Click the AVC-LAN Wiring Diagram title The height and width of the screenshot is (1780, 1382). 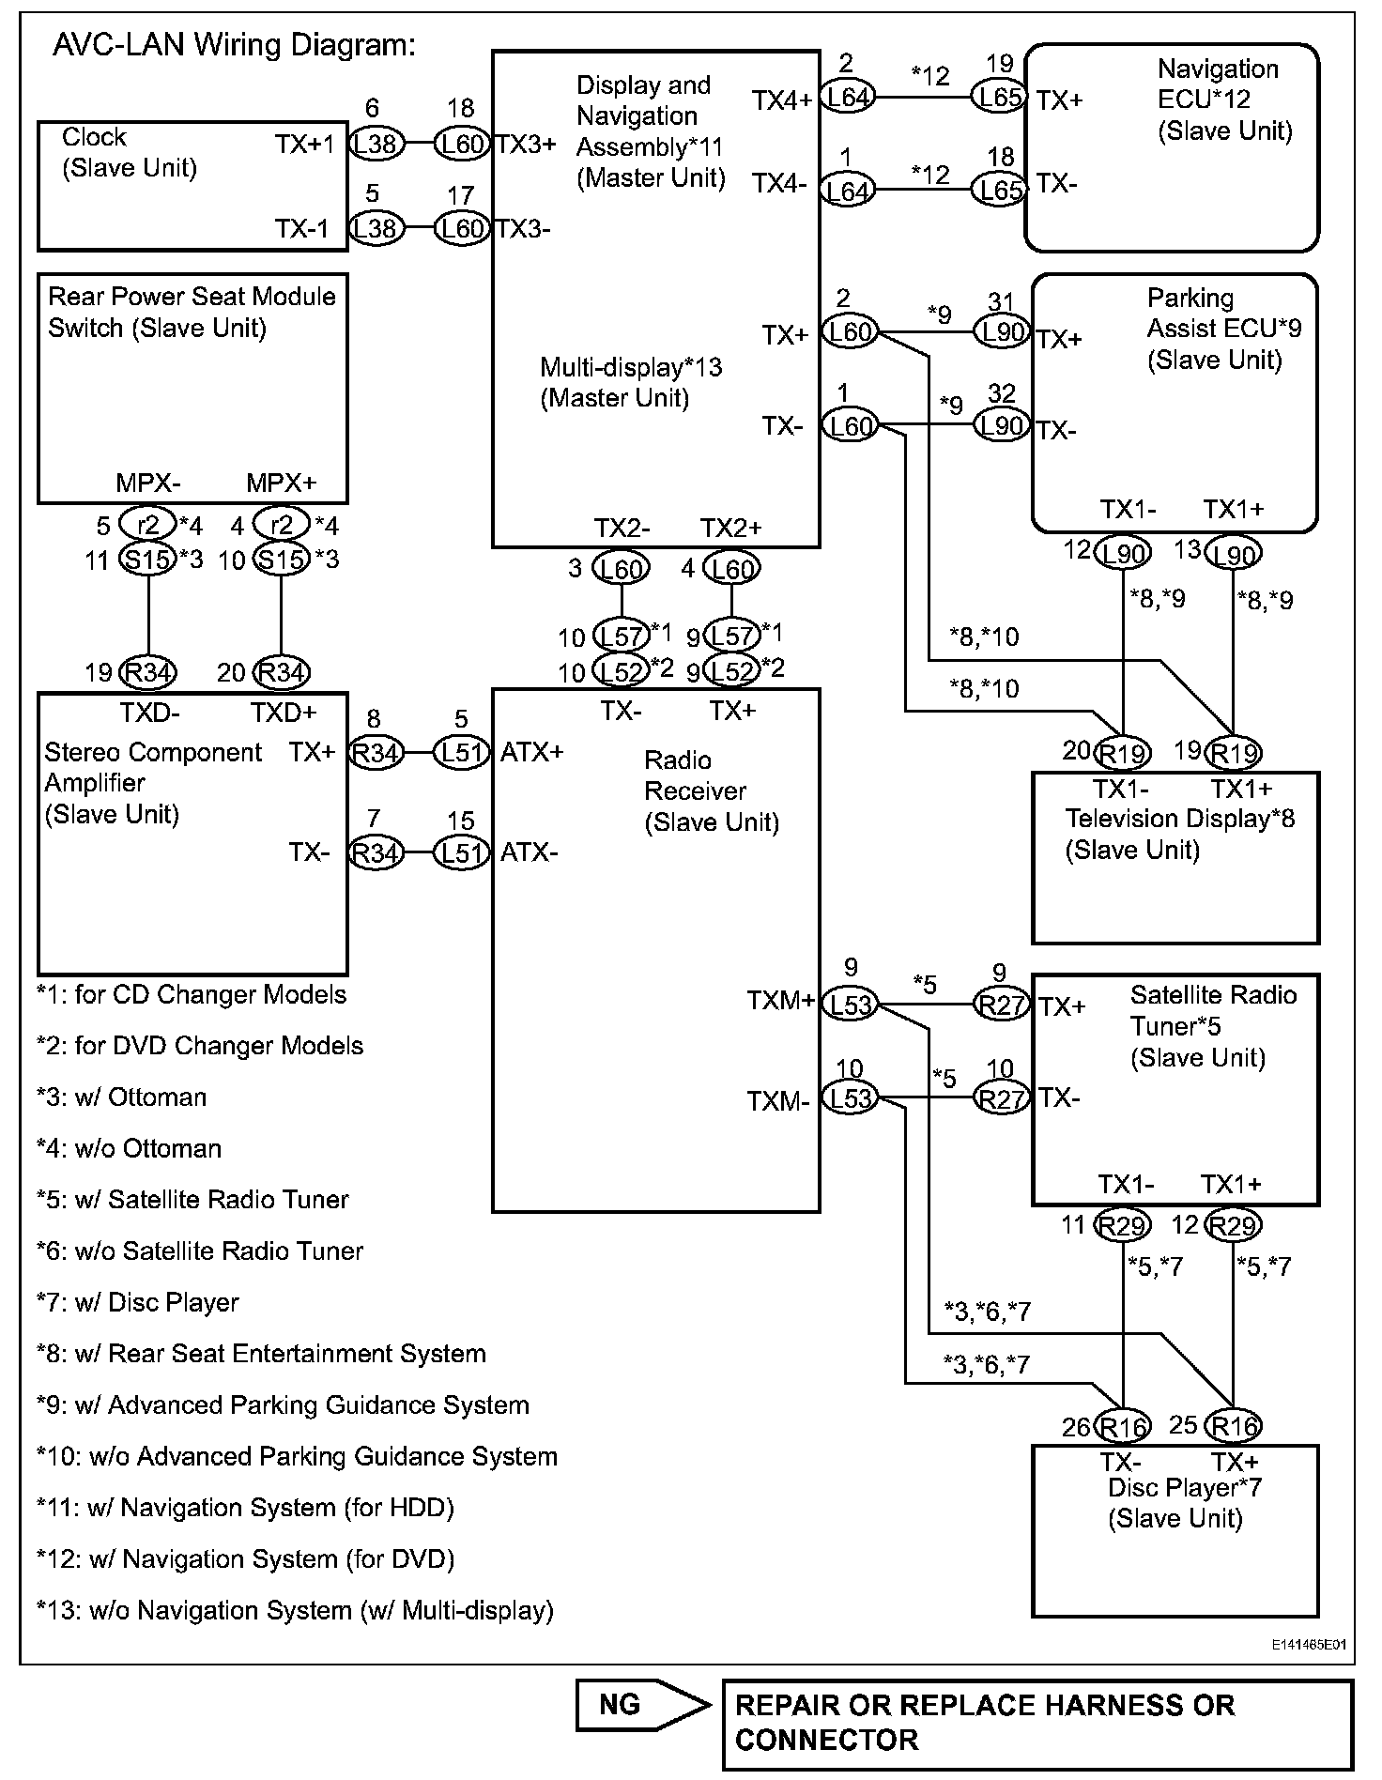click(234, 45)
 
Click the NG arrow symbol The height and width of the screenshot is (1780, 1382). click(643, 1704)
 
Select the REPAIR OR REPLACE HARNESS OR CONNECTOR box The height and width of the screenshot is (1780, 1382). click(1037, 1723)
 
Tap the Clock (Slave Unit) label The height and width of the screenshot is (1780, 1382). click(129, 152)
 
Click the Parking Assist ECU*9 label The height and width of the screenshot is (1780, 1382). click(1222, 329)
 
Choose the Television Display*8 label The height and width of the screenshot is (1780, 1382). click(1179, 834)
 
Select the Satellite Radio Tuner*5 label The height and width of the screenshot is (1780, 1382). click(1212, 1026)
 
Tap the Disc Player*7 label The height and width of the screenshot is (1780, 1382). click(1184, 1503)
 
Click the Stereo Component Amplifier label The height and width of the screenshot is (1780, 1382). click(153, 782)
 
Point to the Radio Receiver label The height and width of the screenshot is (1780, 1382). click(711, 791)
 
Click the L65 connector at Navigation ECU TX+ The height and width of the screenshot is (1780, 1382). click(999, 97)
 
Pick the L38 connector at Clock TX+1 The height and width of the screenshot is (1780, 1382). click(376, 145)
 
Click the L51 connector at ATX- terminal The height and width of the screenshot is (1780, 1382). click(461, 852)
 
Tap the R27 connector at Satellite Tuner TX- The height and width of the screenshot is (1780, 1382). click(1001, 1098)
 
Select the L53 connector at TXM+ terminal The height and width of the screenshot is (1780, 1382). click(850, 1005)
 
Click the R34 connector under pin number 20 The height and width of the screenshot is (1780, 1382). click(282, 672)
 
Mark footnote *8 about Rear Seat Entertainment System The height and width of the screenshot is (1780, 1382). click(261, 1354)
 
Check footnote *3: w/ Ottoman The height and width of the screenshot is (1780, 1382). click(122, 1097)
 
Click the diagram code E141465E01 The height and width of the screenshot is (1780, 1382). click(1309, 1645)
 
